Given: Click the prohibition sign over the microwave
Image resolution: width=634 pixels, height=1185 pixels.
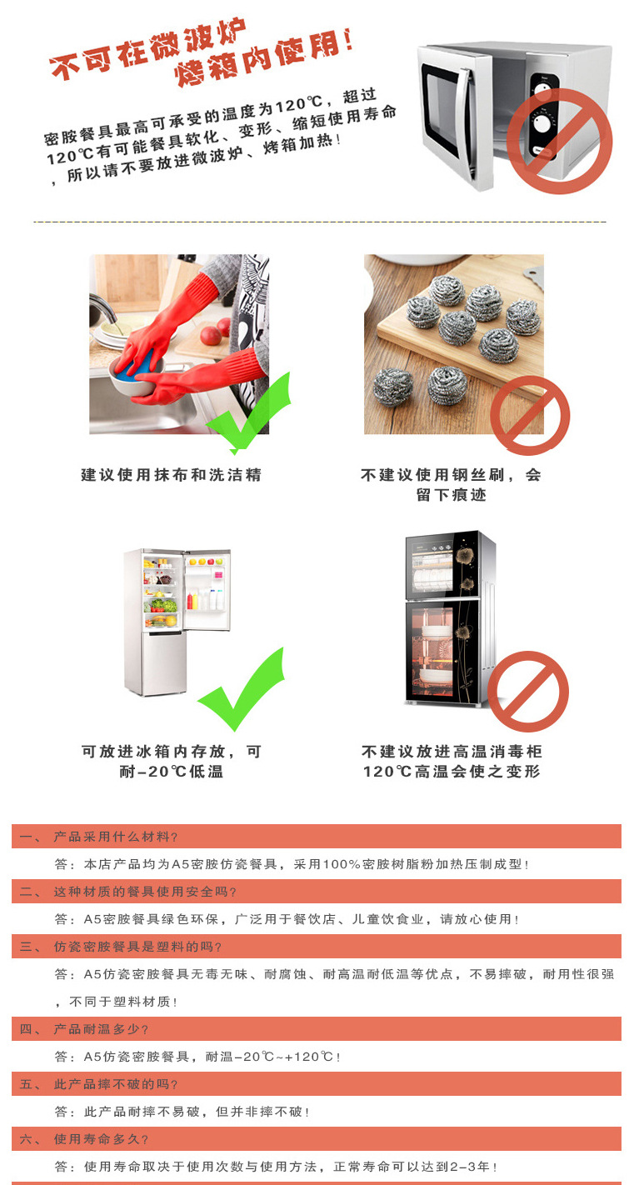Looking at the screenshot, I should [x=560, y=142].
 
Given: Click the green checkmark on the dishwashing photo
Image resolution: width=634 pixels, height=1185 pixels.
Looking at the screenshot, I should [x=250, y=412].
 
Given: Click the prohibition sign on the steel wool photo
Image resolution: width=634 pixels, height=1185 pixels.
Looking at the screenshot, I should [x=529, y=415].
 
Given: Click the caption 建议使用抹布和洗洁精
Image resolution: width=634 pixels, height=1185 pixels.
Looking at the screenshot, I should [x=171, y=475].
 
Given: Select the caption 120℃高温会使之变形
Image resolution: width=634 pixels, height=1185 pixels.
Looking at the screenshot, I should [x=452, y=772].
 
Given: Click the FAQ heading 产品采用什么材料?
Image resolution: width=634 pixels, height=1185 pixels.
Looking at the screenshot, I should [x=116, y=837].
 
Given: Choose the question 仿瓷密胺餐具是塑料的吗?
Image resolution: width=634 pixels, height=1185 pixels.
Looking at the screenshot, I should [x=138, y=947].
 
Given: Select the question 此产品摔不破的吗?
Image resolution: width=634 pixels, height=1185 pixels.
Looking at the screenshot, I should [x=116, y=1084].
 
